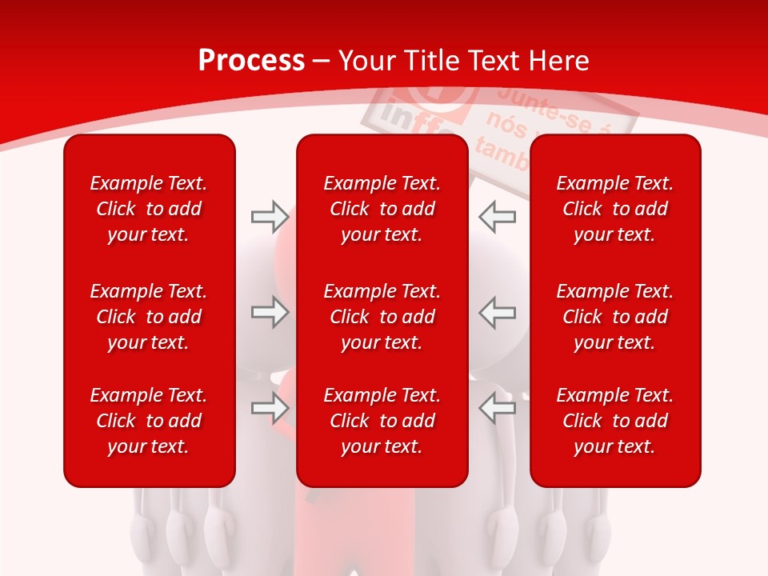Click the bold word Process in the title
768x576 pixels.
[251, 61]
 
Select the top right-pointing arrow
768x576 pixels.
[270, 216]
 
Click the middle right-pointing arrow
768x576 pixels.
[270, 312]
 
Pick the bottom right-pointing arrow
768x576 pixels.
[270, 408]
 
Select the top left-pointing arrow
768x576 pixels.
[497, 216]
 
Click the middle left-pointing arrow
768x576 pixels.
[497, 312]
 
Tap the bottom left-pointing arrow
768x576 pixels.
[497, 408]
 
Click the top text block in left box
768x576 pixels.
[149, 209]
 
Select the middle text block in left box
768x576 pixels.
[149, 317]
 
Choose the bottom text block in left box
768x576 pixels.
[149, 421]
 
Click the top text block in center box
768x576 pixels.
[382, 209]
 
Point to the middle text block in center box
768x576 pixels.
[382, 317]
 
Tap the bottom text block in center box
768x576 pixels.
[382, 421]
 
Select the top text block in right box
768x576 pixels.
[615, 209]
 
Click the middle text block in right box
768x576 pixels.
[615, 317]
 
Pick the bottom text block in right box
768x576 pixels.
[615, 421]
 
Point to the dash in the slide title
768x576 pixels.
[322, 62]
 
